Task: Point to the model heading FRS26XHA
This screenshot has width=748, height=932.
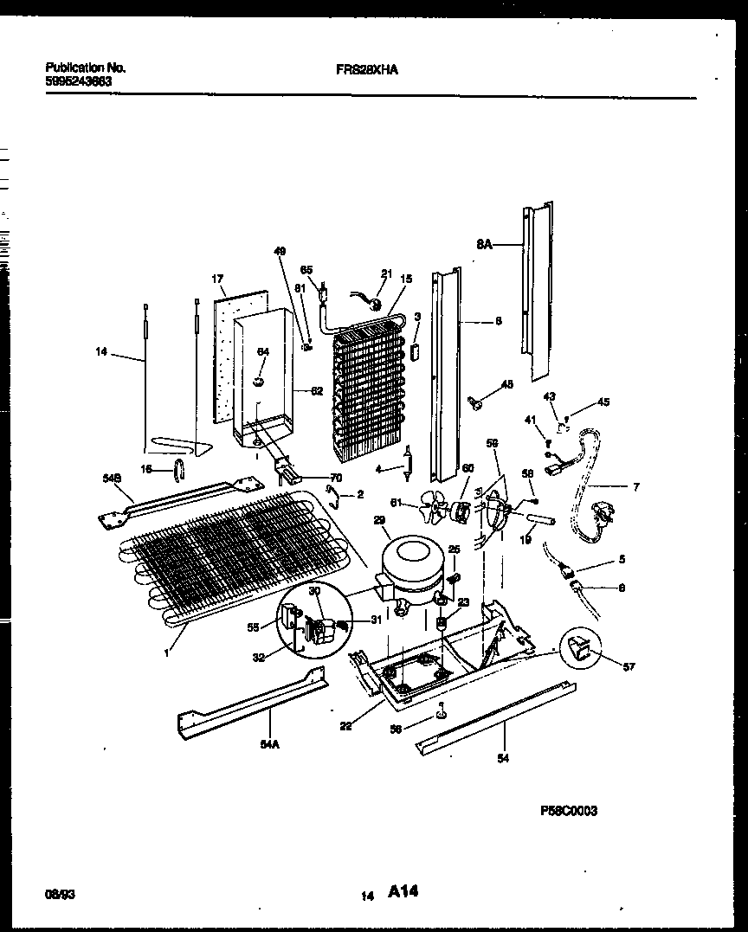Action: (366, 73)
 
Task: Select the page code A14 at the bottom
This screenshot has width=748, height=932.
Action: (403, 890)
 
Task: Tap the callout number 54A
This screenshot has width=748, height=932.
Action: (271, 742)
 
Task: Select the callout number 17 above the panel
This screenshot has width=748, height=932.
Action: (218, 279)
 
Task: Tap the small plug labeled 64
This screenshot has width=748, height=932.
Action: (259, 380)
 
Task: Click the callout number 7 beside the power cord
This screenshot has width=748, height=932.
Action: (636, 488)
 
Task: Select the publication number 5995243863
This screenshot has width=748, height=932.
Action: (78, 80)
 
